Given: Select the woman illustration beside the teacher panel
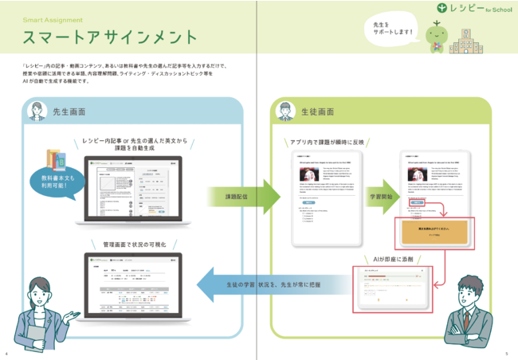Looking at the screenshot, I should (37, 315).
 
